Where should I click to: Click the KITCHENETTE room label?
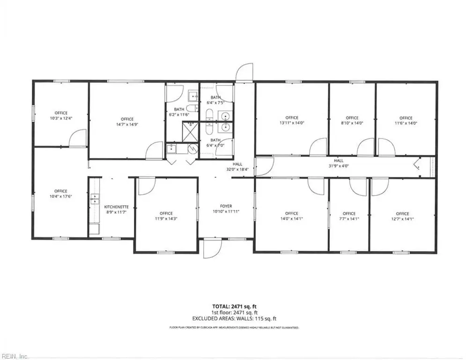[116, 207]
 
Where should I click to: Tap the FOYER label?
[226, 206]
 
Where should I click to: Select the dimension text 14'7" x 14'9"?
[127, 124]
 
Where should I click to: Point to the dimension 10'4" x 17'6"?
[60, 196]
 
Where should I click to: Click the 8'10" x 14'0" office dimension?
[352, 123]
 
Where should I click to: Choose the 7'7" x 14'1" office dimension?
[349, 219]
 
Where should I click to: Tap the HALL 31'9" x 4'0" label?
[339, 163]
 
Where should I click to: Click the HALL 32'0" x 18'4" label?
[237, 166]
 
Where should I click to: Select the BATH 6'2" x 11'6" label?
[179, 112]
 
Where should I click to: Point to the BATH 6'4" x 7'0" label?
[215, 143]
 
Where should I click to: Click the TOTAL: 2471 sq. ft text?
[234, 306]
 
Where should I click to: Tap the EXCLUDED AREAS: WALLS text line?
[234, 319]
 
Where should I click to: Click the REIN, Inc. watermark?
[14, 356]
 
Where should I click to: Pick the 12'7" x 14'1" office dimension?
[402, 219]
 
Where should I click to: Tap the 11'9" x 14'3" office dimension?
[166, 219]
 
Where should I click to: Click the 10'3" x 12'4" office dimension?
[61, 118]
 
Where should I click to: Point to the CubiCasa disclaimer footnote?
[234, 328]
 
